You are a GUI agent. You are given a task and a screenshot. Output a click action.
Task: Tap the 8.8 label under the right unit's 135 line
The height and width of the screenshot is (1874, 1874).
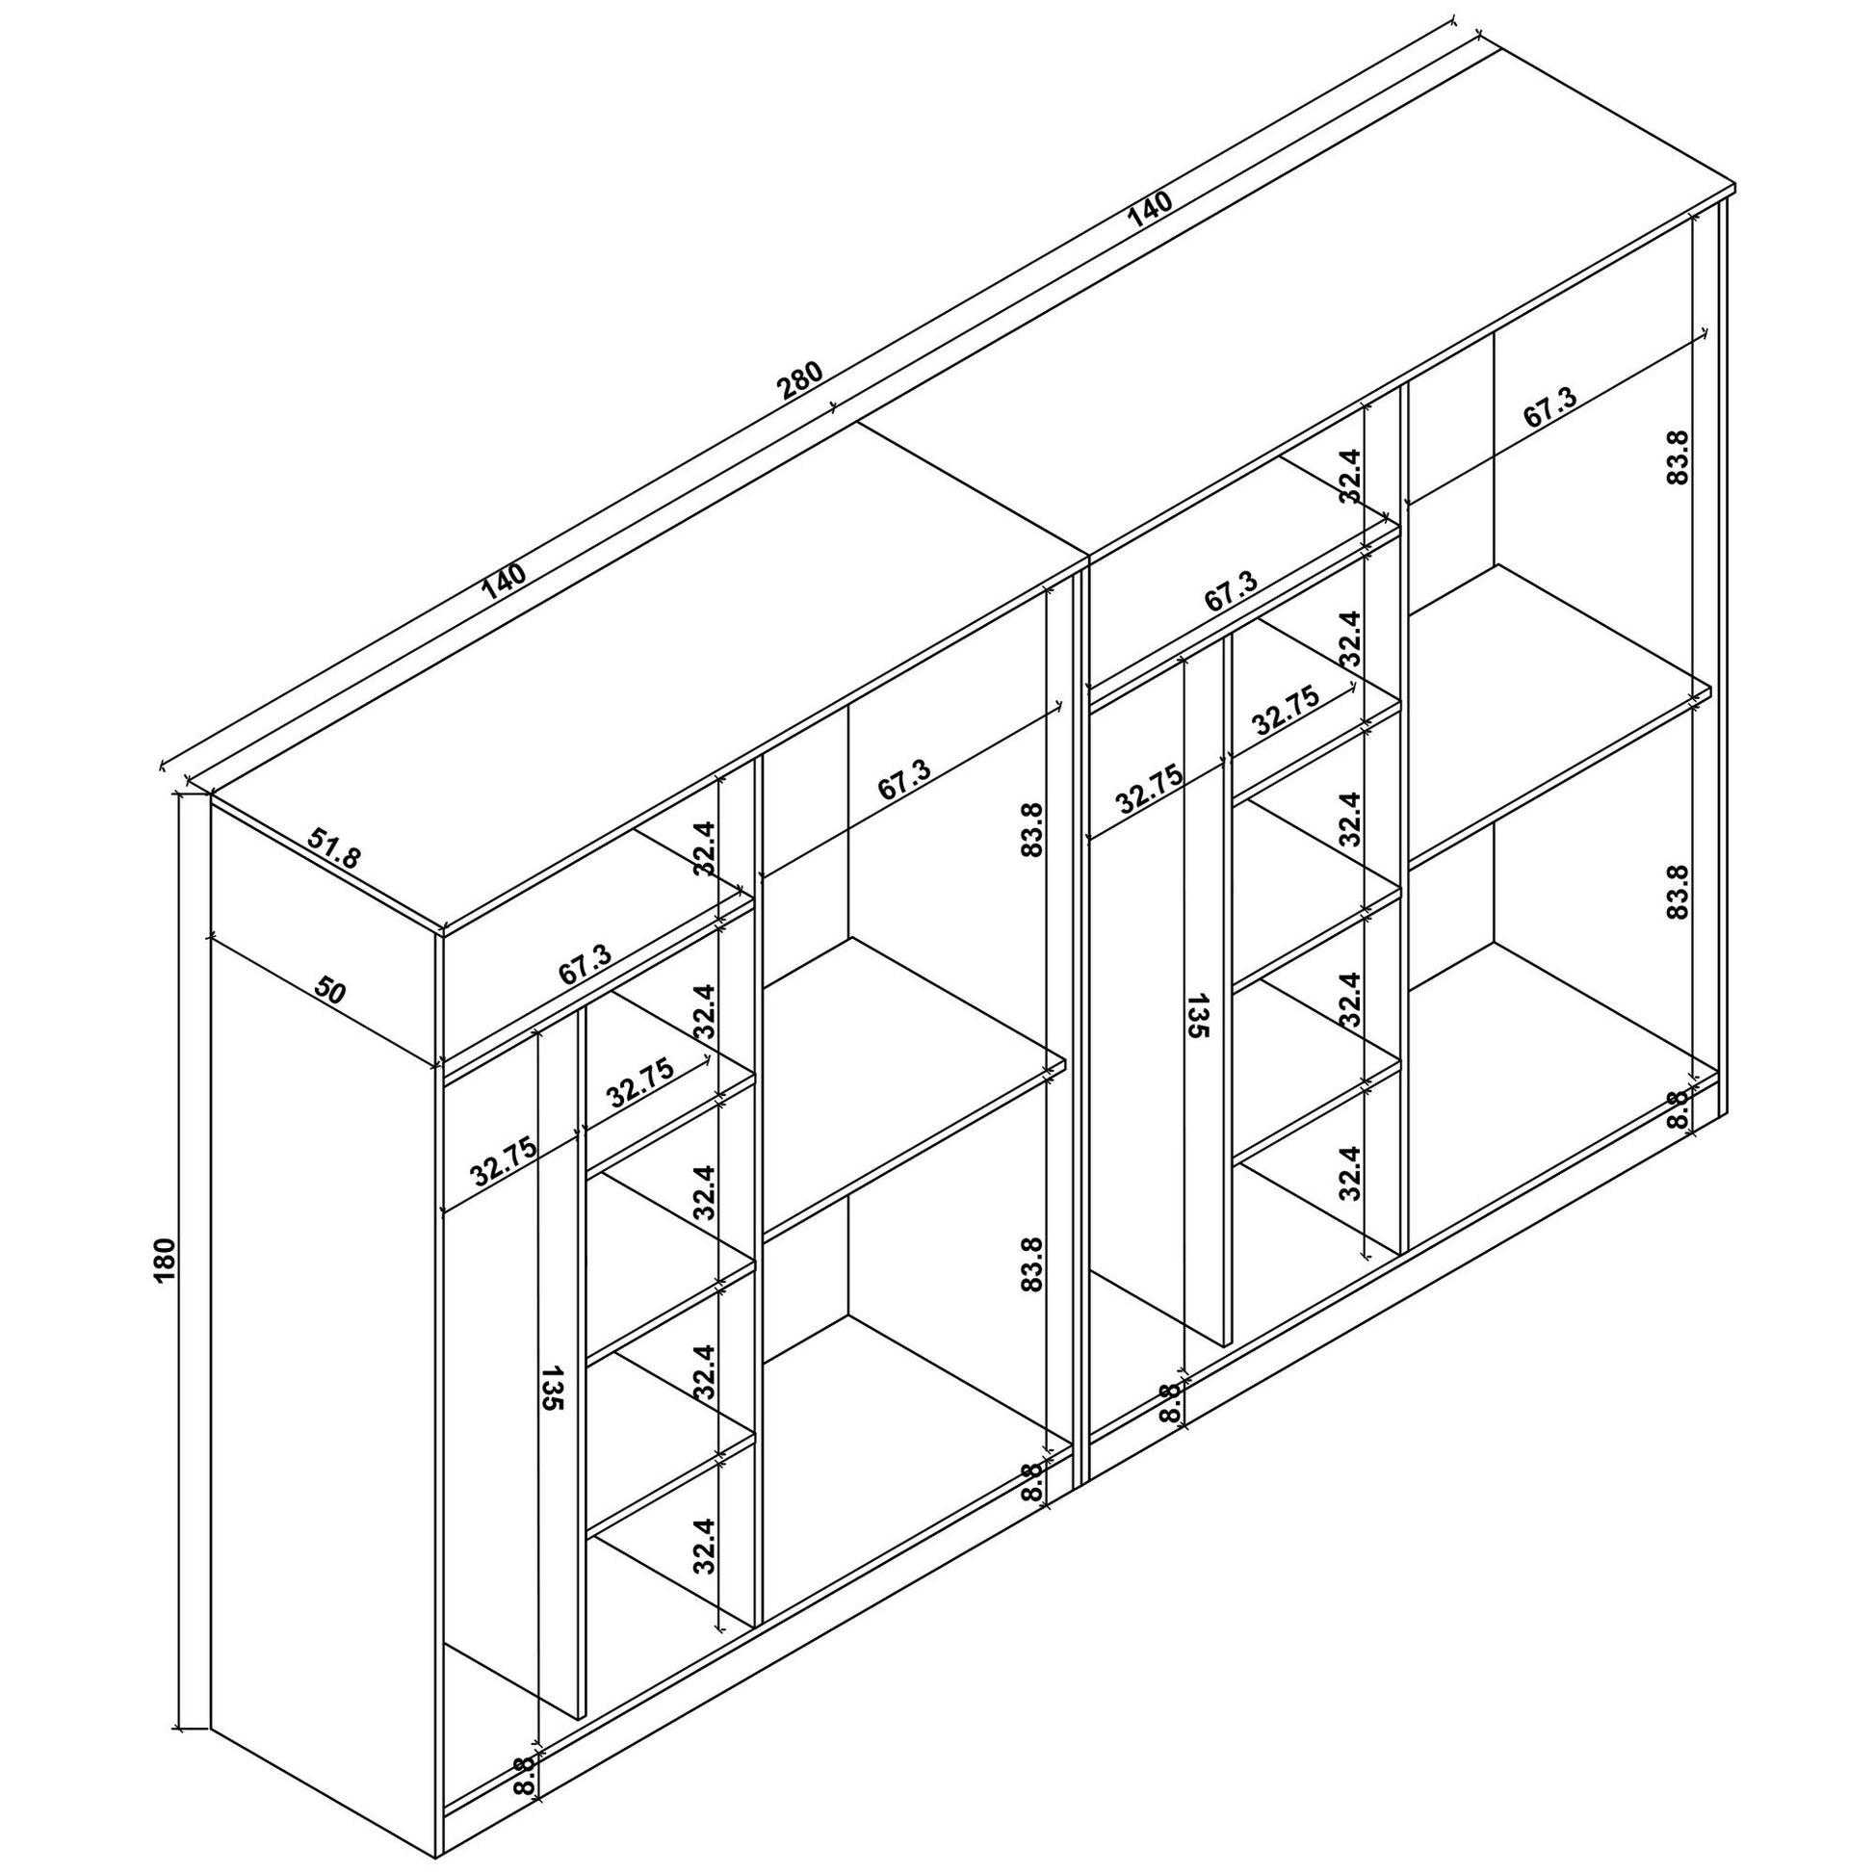pyautogui.click(x=1172, y=1403)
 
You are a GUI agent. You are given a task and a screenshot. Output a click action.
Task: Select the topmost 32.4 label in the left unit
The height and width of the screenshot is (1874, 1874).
pyautogui.click(x=704, y=848)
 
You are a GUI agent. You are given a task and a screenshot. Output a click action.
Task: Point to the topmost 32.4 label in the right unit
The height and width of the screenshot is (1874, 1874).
pyautogui.click(x=1351, y=477)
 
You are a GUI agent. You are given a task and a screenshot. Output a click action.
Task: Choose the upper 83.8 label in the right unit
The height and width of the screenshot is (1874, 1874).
pyautogui.click(x=1679, y=456)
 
